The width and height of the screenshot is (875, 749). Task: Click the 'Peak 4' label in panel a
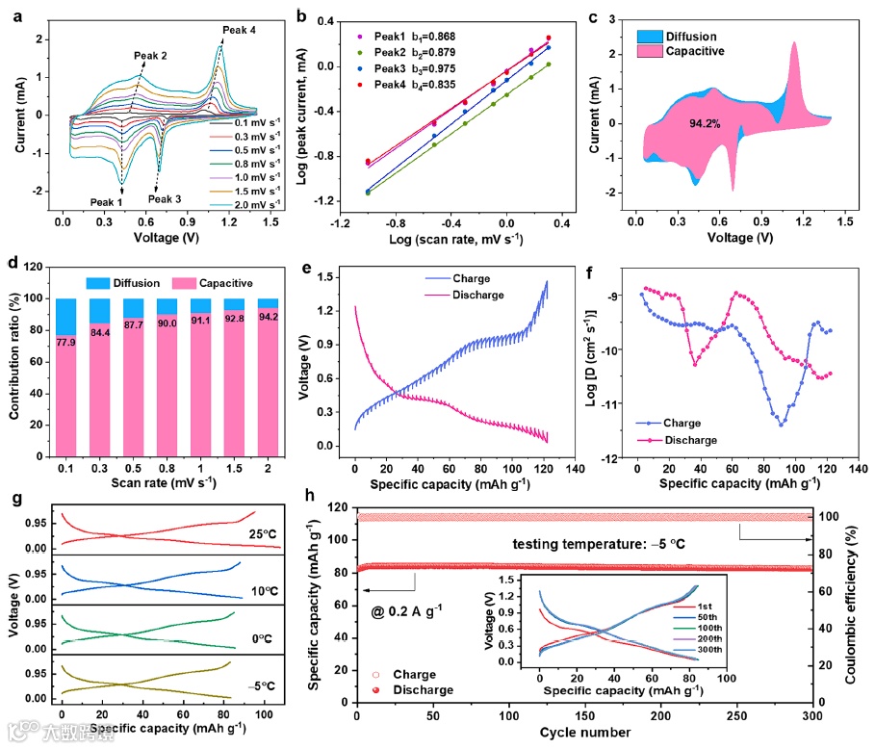[x=239, y=31]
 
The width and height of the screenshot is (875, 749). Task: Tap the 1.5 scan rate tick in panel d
[x=233, y=469]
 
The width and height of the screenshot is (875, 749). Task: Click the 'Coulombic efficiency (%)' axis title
[x=853, y=596]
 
